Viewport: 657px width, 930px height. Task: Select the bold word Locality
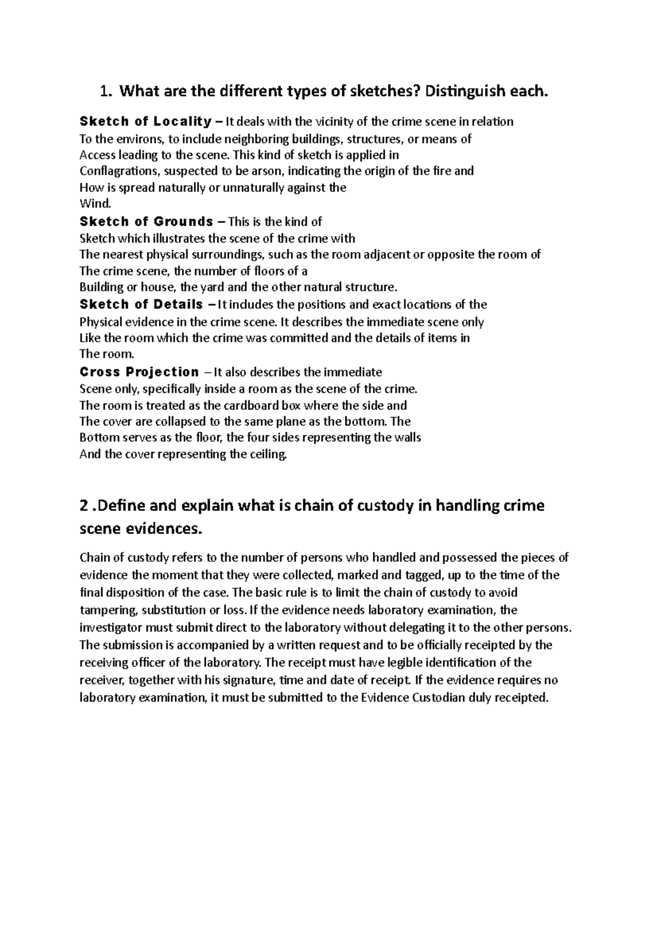pyautogui.click(x=182, y=122)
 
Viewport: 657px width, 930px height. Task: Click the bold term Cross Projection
pyautogui.click(x=139, y=372)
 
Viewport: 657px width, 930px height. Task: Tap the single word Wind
pyautogui.click(x=95, y=204)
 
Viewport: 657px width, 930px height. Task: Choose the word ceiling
pyautogui.click(x=267, y=454)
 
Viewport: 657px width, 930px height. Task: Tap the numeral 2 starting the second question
pyautogui.click(x=84, y=506)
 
